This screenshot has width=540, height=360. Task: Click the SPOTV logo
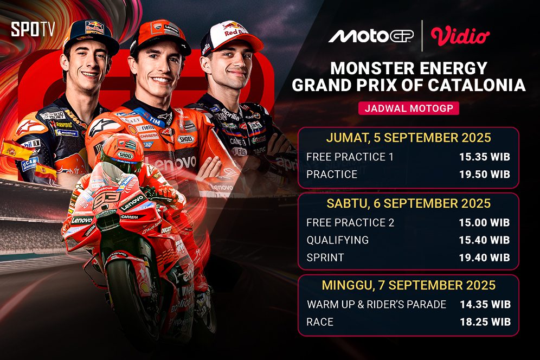click(x=33, y=29)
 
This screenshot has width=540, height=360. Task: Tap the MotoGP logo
click(x=371, y=36)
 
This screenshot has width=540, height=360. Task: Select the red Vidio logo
click(x=460, y=36)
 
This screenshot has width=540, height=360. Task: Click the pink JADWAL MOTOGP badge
click(x=409, y=108)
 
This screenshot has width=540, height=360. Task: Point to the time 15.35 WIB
click(x=485, y=157)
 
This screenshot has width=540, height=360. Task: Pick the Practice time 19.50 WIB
click(x=485, y=175)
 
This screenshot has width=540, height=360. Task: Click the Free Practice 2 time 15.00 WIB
click(x=484, y=222)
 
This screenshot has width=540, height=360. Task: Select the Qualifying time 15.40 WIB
click(x=484, y=240)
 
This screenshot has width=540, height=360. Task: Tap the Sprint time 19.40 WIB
click(x=484, y=258)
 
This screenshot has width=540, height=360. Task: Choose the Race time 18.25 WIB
click(x=485, y=322)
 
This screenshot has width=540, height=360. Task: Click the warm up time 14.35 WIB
click(x=485, y=304)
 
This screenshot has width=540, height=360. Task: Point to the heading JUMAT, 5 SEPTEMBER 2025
click(x=408, y=138)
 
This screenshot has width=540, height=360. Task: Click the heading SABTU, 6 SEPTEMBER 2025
click(x=408, y=203)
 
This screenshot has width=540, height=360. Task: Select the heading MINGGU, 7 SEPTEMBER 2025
click(x=409, y=285)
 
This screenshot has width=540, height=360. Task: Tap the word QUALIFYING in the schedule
click(x=337, y=240)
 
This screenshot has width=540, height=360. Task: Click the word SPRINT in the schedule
click(x=325, y=258)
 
